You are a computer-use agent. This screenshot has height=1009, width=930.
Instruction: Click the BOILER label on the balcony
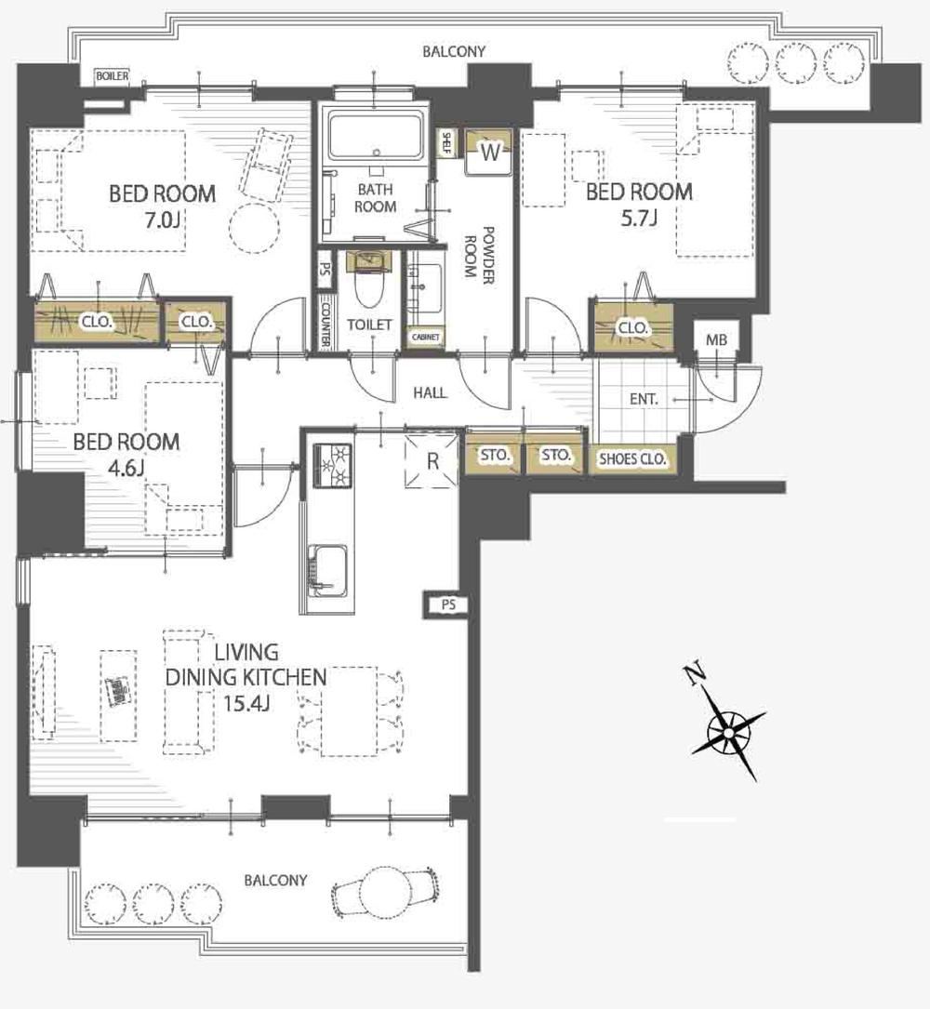tap(113, 76)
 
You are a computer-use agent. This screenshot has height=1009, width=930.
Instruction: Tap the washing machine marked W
tap(489, 153)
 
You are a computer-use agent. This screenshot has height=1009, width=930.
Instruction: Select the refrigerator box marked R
tap(432, 460)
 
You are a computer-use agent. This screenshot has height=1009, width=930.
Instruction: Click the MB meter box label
tap(716, 339)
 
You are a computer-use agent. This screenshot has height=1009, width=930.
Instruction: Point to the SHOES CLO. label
tap(632, 459)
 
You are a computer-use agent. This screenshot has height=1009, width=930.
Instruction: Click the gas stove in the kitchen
tap(332, 465)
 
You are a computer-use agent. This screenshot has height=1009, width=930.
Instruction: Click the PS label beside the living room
tap(448, 604)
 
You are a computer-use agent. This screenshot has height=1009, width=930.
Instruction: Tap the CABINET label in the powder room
tap(425, 337)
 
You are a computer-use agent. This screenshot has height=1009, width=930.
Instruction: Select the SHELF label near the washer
tap(445, 143)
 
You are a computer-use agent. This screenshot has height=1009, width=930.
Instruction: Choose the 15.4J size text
tap(246, 703)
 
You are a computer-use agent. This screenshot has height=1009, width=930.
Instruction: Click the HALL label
tap(430, 392)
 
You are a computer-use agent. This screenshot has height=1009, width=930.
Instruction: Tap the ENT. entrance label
tap(644, 399)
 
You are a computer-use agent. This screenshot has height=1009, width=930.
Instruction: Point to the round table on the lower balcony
tap(385, 892)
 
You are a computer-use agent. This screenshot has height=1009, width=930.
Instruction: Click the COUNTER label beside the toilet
tap(325, 322)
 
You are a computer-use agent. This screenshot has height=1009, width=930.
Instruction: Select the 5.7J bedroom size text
tap(639, 219)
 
